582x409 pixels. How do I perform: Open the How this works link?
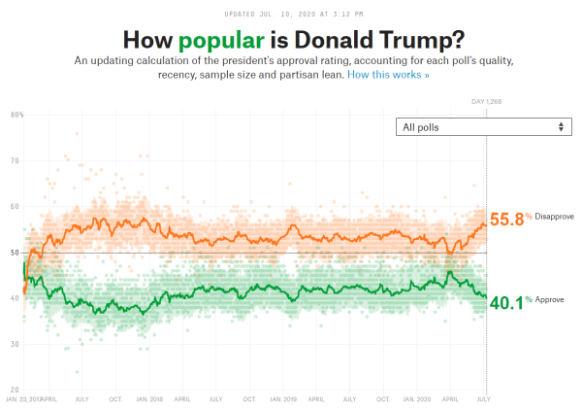(x=388, y=74)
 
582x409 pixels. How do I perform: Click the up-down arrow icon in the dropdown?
(x=561, y=127)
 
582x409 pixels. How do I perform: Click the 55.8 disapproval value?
(x=506, y=220)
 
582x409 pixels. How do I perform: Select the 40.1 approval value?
(x=506, y=302)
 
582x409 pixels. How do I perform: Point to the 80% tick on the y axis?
(x=16, y=116)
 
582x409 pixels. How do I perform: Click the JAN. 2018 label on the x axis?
(x=149, y=398)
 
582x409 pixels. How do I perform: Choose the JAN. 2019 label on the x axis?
(x=282, y=398)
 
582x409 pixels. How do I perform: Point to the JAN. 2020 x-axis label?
(x=416, y=398)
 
